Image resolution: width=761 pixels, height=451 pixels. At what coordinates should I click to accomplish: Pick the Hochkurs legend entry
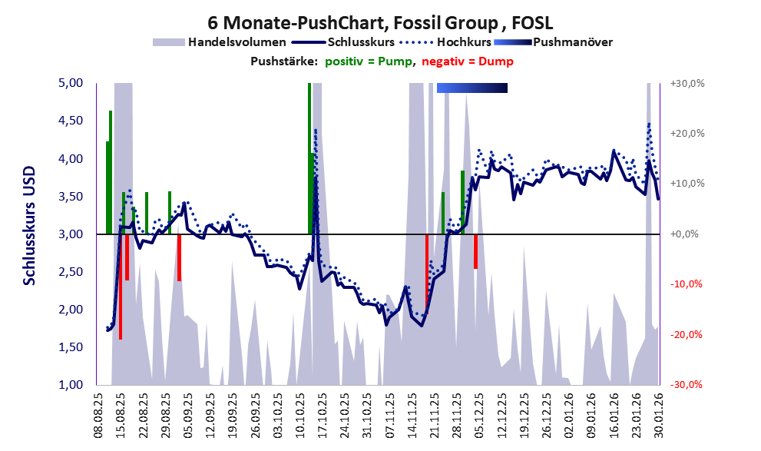click(465, 41)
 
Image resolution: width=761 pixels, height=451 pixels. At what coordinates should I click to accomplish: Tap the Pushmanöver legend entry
click(572, 41)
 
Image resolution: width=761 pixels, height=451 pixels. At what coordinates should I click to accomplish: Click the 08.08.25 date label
click(99, 415)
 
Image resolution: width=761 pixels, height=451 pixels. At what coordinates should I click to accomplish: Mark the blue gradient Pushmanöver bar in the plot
click(472, 88)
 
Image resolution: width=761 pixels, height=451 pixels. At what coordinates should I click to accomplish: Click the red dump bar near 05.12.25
click(476, 251)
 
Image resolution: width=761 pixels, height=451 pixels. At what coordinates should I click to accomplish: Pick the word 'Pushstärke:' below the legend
click(284, 61)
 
